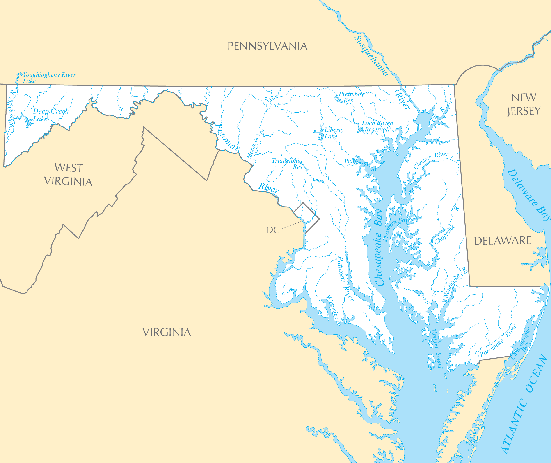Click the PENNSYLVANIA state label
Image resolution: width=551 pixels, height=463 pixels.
(x=267, y=46)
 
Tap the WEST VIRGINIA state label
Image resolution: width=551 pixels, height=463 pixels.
(x=68, y=175)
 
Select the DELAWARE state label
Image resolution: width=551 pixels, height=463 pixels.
(x=502, y=241)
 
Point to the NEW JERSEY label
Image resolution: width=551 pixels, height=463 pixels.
(x=524, y=104)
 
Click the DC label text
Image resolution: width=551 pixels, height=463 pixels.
(x=273, y=230)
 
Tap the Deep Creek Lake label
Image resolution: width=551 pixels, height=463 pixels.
(x=50, y=115)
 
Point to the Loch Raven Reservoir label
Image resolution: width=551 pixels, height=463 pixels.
(x=377, y=126)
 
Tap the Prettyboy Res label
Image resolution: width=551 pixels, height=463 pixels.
(x=350, y=97)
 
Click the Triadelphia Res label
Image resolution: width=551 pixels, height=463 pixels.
(x=287, y=164)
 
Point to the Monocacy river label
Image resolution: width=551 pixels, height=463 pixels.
(x=253, y=146)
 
